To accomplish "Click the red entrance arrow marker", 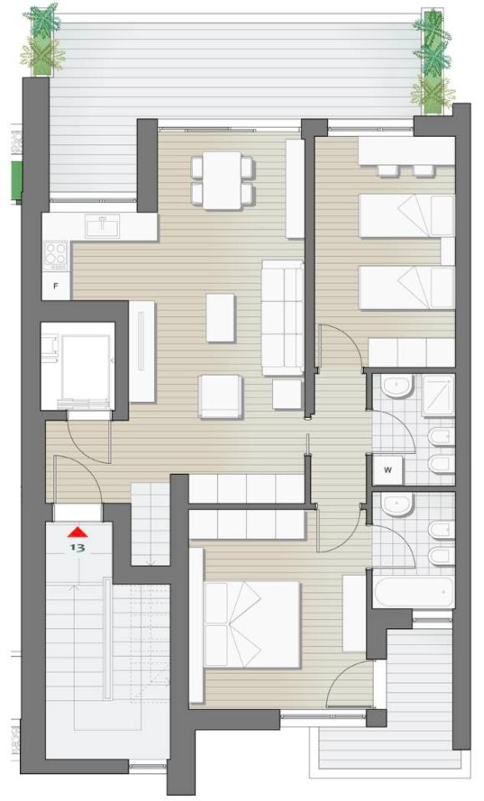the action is (78, 532).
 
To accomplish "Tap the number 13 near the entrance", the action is (78, 548).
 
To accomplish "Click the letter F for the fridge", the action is (57, 286).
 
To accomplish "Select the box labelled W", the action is (388, 471).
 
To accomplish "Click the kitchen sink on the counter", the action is (103, 225).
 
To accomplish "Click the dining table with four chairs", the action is (222, 180).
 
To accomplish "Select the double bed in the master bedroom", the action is (252, 624).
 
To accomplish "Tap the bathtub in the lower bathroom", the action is (413, 592).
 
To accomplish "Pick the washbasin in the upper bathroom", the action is (397, 387).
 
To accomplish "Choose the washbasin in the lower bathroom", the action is (397, 505).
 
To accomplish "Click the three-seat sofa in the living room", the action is (282, 318).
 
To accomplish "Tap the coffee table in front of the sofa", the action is (221, 318).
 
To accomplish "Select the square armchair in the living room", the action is (220, 397).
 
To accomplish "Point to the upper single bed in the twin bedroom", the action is (407, 215).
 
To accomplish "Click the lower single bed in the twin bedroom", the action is (407, 288).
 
